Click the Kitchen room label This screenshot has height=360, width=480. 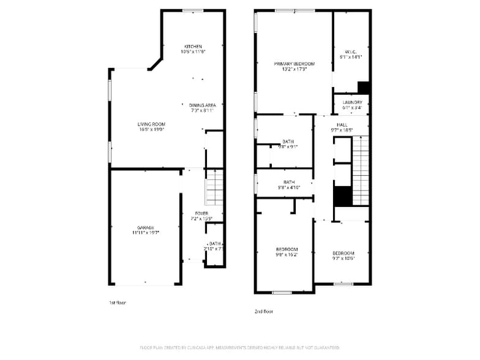click(x=193, y=47)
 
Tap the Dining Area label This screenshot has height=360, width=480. click(x=202, y=105)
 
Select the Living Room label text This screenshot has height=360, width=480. click(x=151, y=124)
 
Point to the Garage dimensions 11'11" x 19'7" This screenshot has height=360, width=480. click(x=146, y=233)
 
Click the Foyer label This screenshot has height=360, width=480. click(x=201, y=213)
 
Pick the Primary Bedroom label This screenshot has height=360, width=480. click(x=294, y=64)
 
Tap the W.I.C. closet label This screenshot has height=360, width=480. click(x=350, y=51)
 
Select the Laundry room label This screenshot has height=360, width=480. click(x=352, y=102)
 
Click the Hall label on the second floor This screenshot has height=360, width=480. click(x=342, y=124)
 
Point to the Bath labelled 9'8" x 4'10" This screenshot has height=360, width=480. click(x=289, y=182)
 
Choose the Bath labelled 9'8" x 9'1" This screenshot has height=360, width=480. click(x=288, y=141)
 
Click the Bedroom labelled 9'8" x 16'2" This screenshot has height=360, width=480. click(x=287, y=249)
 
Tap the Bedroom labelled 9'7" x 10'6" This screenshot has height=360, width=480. click(x=343, y=253)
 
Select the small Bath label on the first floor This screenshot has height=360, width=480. click(x=214, y=244)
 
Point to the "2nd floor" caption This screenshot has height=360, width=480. click(x=263, y=311)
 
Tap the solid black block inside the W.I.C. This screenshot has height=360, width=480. click(x=363, y=87)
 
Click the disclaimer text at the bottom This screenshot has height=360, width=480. click(x=239, y=348)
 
